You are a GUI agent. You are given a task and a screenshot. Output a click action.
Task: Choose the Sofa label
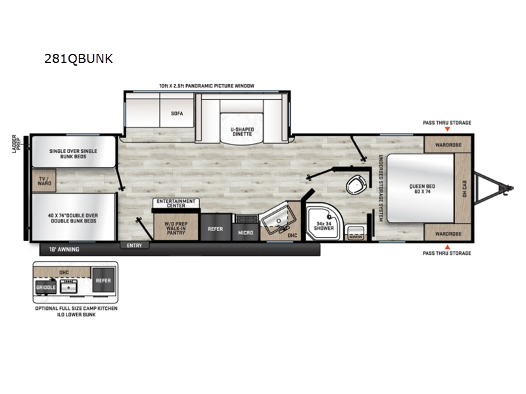pos(177,113)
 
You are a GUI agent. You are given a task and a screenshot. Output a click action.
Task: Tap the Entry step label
pos(135,245)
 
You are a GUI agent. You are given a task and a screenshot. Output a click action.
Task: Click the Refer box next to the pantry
pos(215,229)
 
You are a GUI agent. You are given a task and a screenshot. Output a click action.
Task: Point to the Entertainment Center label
pos(176,203)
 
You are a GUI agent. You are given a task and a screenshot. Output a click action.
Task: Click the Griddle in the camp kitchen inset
pos(46,287)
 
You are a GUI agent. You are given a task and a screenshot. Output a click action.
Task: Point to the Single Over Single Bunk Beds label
pos(73,154)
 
